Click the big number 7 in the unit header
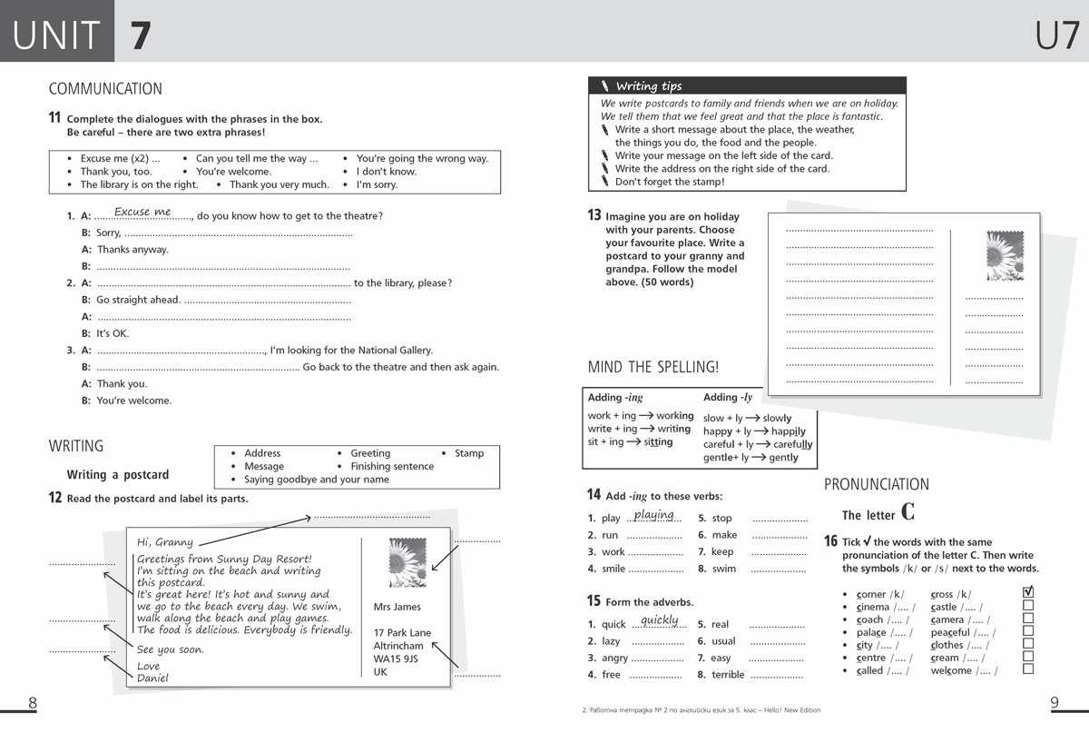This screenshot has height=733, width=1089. click(140, 35)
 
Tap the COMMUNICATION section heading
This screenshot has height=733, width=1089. click(105, 89)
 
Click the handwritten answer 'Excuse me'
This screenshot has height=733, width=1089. click(142, 212)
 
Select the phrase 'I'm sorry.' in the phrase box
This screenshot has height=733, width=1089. click(377, 184)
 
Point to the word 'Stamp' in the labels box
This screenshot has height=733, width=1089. click(469, 453)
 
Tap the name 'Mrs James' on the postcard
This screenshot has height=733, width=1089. click(397, 607)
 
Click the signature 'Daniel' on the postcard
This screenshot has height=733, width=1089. click(152, 679)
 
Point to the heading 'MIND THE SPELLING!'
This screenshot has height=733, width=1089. click(653, 367)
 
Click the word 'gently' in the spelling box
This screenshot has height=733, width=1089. click(783, 458)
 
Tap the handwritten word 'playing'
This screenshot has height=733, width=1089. click(654, 515)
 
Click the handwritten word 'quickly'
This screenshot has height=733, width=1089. click(660, 620)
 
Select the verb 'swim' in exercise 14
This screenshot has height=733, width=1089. click(724, 569)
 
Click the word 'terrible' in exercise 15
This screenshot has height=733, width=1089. click(728, 675)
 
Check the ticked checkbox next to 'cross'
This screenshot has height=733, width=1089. click(1028, 593)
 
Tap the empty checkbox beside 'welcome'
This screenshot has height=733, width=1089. click(1028, 669)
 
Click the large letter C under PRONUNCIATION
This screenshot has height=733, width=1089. click(907, 512)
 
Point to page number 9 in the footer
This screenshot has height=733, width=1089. click(1055, 702)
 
